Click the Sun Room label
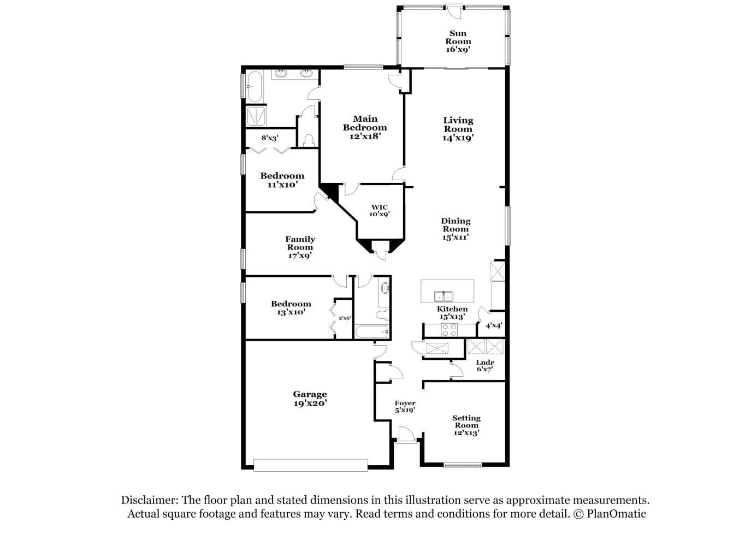point(458,41)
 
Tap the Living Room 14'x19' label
point(458,129)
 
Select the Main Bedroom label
point(365,127)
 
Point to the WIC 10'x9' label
point(380,211)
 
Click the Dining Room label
point(456,229)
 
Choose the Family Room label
point(300,247)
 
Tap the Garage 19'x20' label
point(310,399)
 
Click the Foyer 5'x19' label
point(405,406)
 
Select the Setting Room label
point(466,425)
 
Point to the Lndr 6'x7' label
point(485,366)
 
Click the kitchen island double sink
point(443,296)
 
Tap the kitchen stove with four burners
point(450,330)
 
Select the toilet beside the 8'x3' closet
point(308,141)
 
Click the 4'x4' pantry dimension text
point(494,325)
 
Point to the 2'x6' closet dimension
point(345,318)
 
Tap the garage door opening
point(310,465)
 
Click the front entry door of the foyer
point(406,435)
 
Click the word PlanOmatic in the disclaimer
point(616,514)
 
